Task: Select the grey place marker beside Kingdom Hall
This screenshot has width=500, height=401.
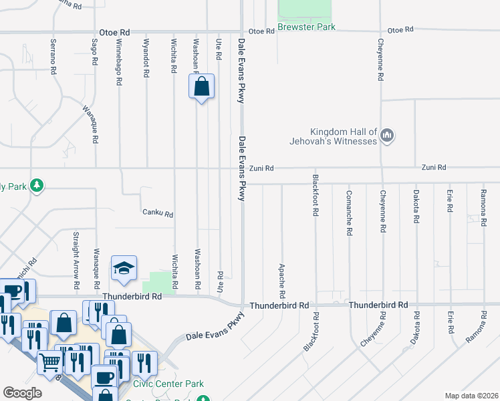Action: click(x=387, y=136)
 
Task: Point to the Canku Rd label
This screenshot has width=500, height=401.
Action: click(x=158, y=214)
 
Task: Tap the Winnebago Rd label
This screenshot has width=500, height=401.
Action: click(x=119, y=61)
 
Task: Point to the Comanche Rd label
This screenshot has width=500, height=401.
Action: click(x=349, y=213)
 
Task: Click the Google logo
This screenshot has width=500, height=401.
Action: click(x=22, y=393)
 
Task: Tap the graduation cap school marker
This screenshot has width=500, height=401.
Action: click(x=124, y=269)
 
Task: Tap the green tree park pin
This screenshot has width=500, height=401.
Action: click(x=38, y=185)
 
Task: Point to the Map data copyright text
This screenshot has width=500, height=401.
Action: click(x=471, y=396)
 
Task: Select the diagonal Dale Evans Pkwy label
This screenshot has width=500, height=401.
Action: click(x=214, y=332)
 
